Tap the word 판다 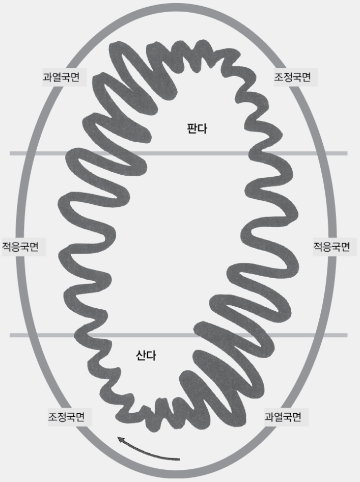pyautogui.click(x=197, y=128)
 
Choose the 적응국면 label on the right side pyautogui.click(x=331, y=247)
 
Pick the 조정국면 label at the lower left pyautogui.click(x=66, y=417)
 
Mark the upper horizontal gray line pyautogui.click(x=178, y=153)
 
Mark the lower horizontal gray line pyautogui.click(x=178, y=335)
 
